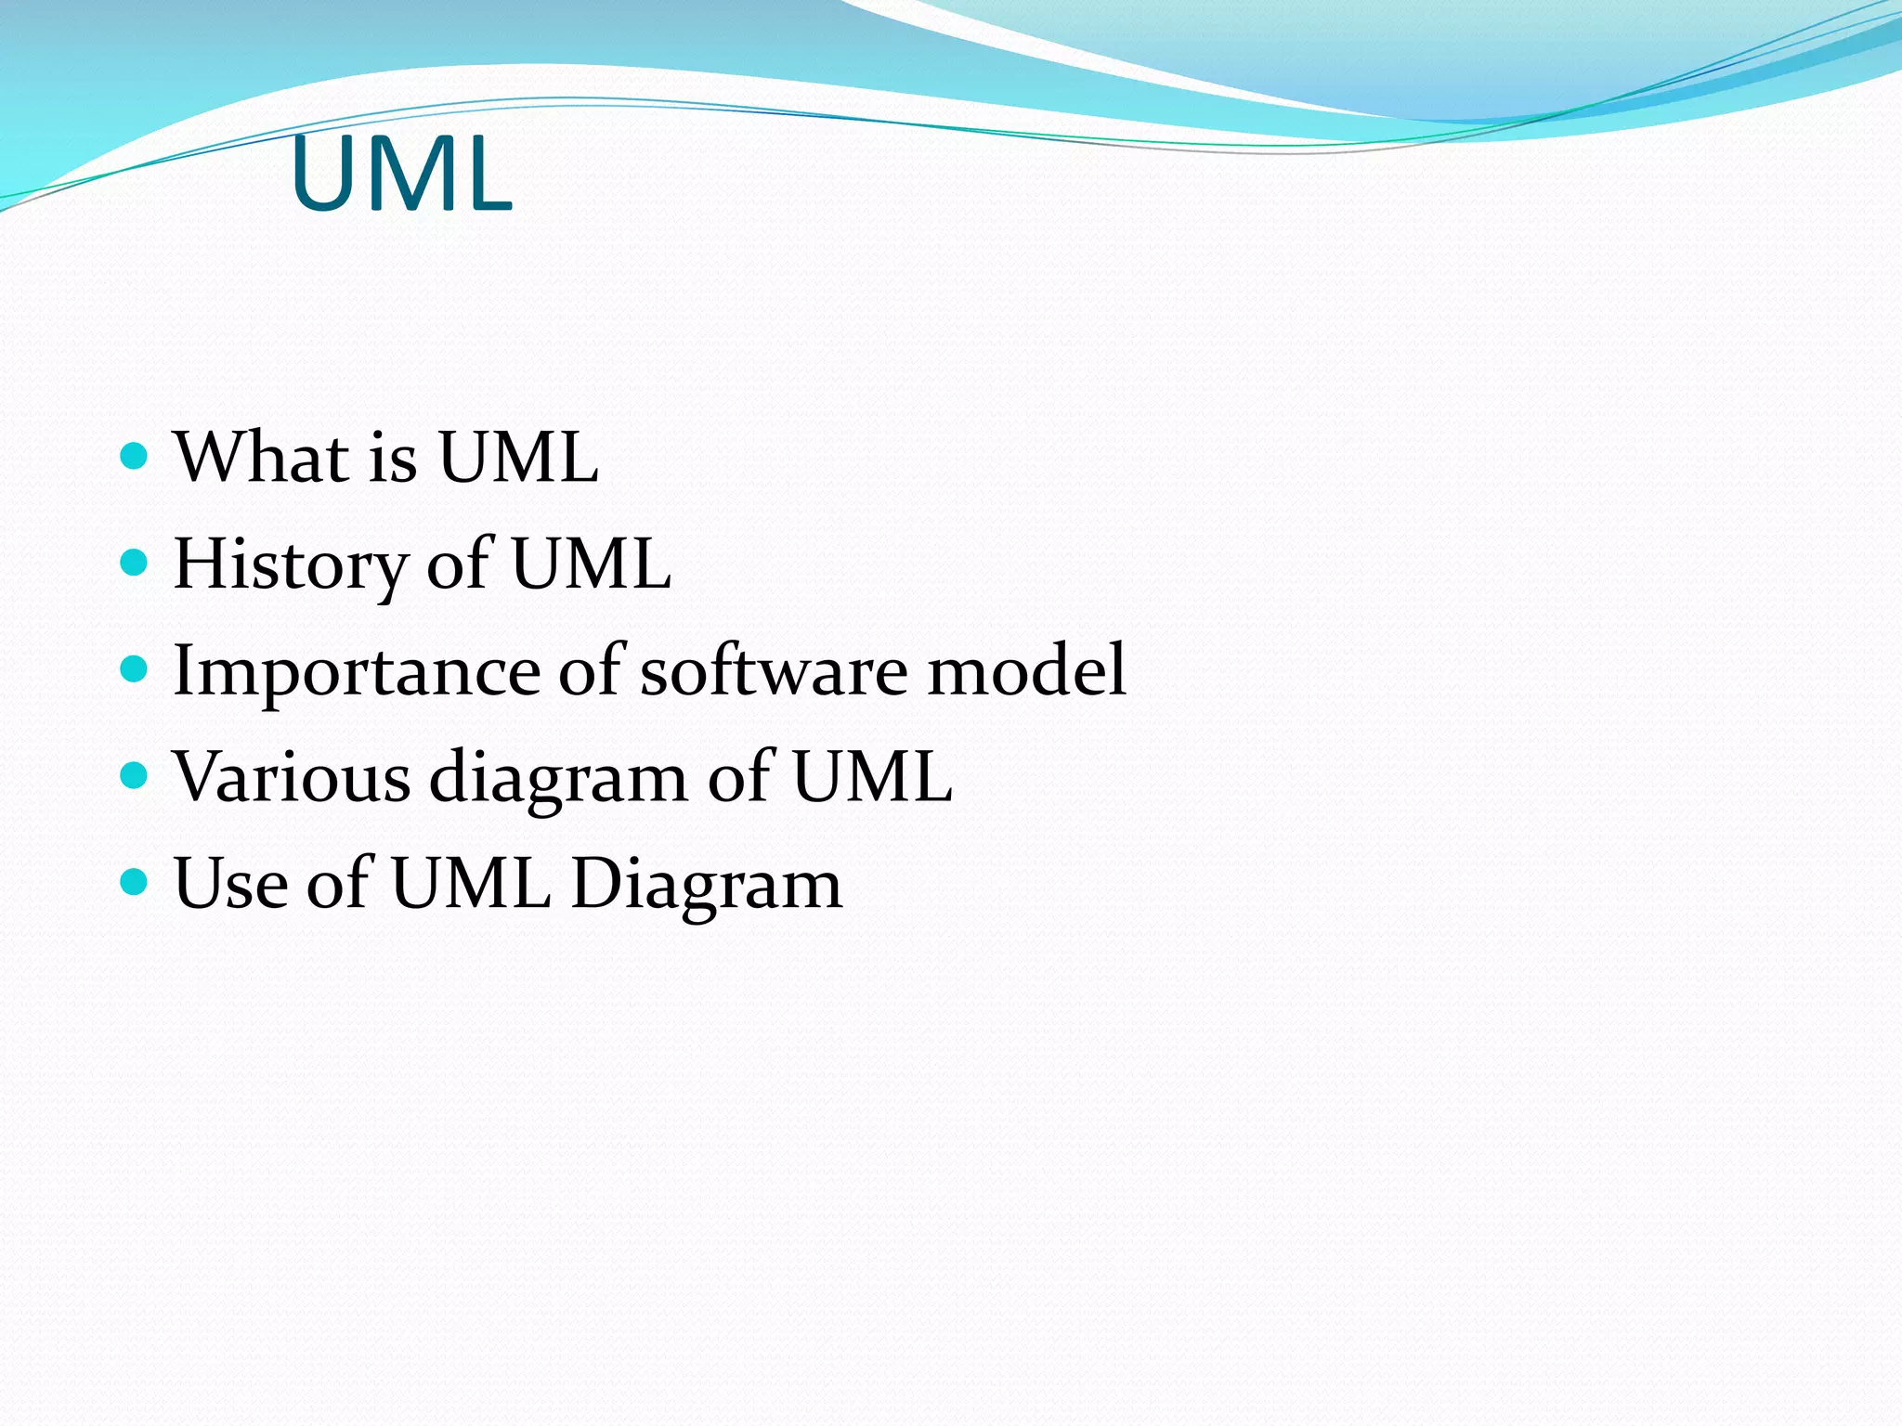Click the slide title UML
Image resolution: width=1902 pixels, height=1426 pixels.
click(401, 175)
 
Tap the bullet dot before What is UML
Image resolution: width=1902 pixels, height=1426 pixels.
click(135, 456)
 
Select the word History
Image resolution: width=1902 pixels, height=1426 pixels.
click(290, 564)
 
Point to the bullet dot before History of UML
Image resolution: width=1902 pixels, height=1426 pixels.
click(135, 562)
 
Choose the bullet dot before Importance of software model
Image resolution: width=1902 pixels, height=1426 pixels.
click(135, 668)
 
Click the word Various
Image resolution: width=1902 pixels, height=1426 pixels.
click(292, 776)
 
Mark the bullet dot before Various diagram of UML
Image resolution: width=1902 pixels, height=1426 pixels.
click(135, 774)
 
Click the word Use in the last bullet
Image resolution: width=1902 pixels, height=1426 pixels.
click(230, 883)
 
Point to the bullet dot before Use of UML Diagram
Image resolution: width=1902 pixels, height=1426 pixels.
click(135, 881)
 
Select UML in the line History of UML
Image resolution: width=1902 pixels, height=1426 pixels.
click(591, 564)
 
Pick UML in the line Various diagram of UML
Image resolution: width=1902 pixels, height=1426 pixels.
click(871, 776)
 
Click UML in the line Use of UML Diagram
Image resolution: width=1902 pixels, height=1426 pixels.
click(470, 883)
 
